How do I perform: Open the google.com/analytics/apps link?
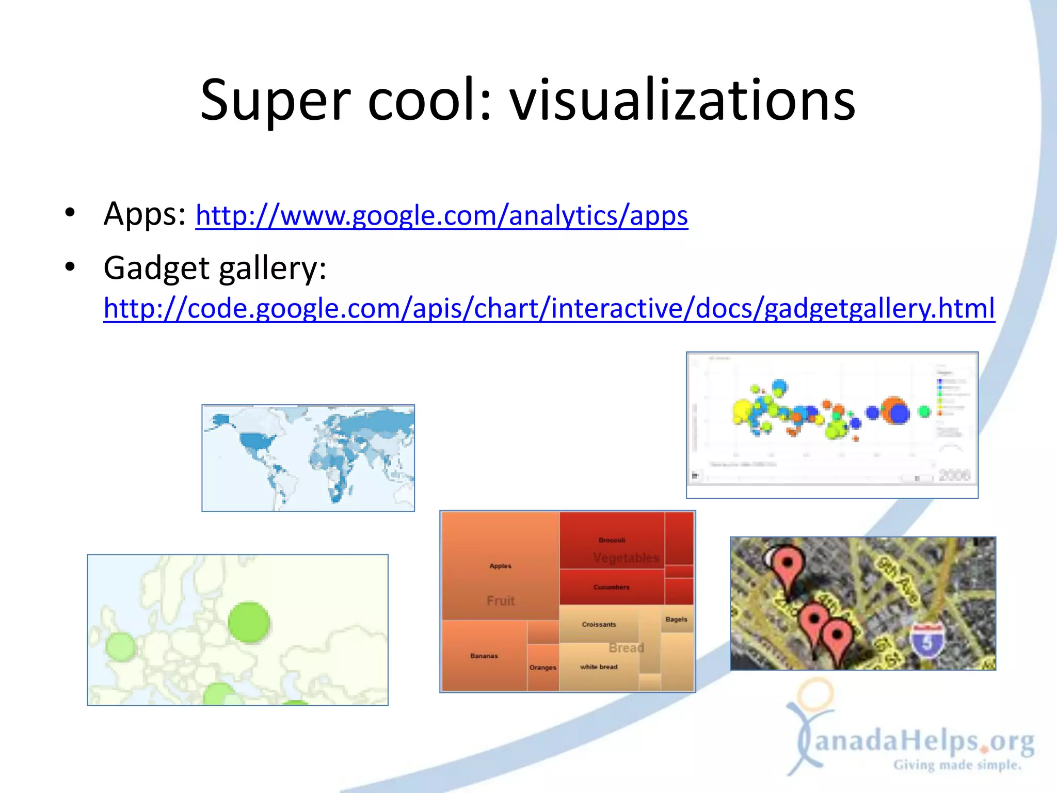pyautogui.click(x=442, y=215)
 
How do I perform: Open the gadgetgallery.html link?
pyautogui.click(x=549, y=308)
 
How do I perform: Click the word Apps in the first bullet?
pyautogui.click(x=144, y=214)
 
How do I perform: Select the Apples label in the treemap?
pyautogui.click(x=500, y=566)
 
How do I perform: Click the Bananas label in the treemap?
pyautogui.click(x=484, y=656)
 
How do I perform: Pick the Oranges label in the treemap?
pyautogui.click(x=543, y=668)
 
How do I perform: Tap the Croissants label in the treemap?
pyautogui.click(x=599, y=624)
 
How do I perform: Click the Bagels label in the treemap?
pyautogui.click(x=676, y=619)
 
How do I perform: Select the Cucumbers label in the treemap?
pyautogui.click(x=611, y=587)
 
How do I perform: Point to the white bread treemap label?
pyautogui.click(x=599, y=667)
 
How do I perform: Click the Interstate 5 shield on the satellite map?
pyautogui.click(x=927, y=642)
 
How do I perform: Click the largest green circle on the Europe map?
pyautogui.click(x=249, y=622)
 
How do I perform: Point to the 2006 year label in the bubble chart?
pyautogui.click(x=954, y=475)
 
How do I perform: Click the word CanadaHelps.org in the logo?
pyautogui.click(x=924, y=742)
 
